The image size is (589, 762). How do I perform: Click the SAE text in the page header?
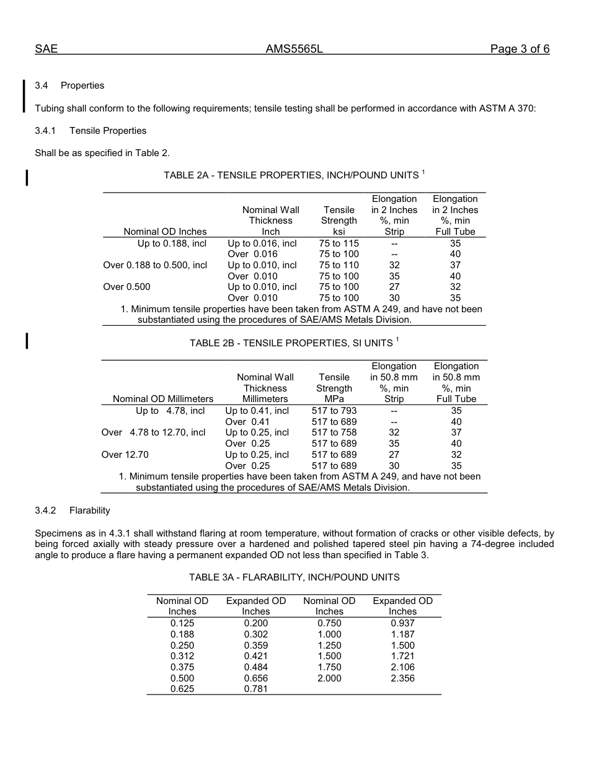(46, 50)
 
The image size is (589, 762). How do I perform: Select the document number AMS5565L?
(294, 50)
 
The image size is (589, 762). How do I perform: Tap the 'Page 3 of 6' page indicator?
(520, 50)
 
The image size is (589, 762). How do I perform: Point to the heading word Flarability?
(89, 510)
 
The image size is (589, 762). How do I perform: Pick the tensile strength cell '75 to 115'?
(339, 243)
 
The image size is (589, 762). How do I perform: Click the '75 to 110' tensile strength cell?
(339, 265)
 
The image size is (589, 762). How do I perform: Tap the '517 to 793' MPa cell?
(334, 411)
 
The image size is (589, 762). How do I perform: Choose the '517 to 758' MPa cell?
(334, 432)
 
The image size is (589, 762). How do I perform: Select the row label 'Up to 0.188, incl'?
(172, 243)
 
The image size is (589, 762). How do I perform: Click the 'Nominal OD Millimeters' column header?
(163, 399)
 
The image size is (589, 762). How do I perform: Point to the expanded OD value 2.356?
(402, 678)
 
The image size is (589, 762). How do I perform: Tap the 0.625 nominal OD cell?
(182, 689)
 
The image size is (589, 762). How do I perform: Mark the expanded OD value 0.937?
(402, 623)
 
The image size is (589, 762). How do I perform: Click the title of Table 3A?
(294, 577)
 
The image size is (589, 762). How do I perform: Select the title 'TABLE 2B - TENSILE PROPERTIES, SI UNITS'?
(291, 343)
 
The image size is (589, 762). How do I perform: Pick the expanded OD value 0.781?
(255, 689)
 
